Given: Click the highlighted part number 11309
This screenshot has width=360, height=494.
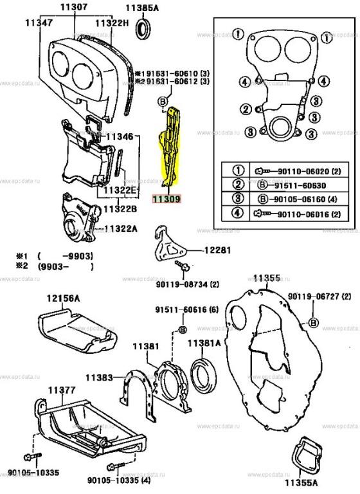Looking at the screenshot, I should pos(166,200).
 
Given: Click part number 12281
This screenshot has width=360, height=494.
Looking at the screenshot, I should pos(217,250).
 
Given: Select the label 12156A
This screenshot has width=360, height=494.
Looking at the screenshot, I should pos(62,298).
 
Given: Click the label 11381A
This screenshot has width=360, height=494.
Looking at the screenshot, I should pos(204,343).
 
